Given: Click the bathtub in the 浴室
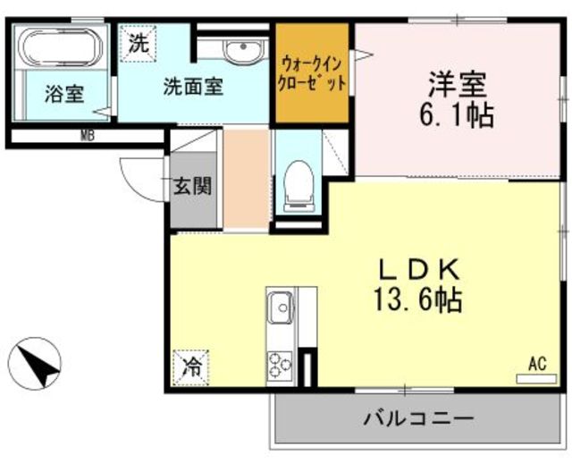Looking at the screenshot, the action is pyautogui.click(x=61, y=47).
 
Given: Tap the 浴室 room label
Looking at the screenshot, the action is pyautogui.click(x=65, y=94).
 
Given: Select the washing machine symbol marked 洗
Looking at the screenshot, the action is pyautogui.click(x=139, y=44).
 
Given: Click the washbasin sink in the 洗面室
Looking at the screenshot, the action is pyautogui.click(x=242, y=50).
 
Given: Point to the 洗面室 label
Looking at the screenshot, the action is pyautogui.click(x=193, y=87).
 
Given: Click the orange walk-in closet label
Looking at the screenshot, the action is pyautogui.click(x=312, y=74).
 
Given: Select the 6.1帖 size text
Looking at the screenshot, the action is pyautogui.click(x=457, y=115).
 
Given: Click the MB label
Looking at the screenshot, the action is pyautogui.click(x=88, y=137).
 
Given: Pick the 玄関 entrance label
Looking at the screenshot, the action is pyautogui.click(x=192, y=186).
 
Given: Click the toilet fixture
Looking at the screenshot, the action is pyautogui.click(x=299, y=186).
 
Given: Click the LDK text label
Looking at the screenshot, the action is pyautogui.click(x=418, y=270).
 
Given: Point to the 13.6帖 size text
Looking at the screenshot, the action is pyautogui.click(x=418, y=300).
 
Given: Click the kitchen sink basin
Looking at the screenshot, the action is pyautogui.click(x=281, y=307).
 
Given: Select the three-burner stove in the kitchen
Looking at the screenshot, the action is pyautogui.click(x=280, y=364).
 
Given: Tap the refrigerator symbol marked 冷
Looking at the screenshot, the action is pyautogui.click(x=191, y=367).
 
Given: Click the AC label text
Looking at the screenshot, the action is pyautogui.click(x=538, y=364).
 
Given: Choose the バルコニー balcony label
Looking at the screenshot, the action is pyautogui.click(x=418, y=417).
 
